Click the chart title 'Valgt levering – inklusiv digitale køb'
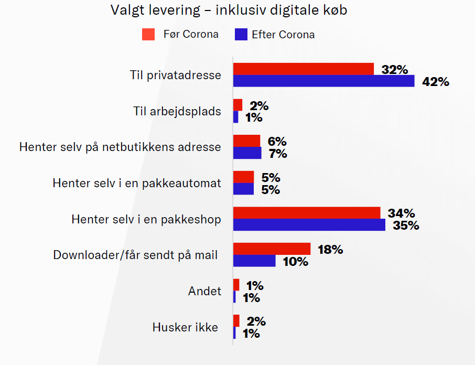click(229, 10)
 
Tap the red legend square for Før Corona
click(148, 35)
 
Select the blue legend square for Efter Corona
click(241, 35)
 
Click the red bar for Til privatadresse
click(303, 69)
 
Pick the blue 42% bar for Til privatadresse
click(323, 81)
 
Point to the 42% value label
click(436, 82)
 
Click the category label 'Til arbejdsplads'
click(177, 111)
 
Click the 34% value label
click(402, 213)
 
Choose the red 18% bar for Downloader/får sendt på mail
click(272, 249)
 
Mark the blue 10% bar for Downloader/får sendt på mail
click(254, 261)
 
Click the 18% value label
click(330, 250)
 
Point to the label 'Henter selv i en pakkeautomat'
click(137, 183)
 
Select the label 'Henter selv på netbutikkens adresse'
click(120, 147)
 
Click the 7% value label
click(278, 154)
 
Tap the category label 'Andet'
click(204, 291)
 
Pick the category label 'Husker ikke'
click(185, 327)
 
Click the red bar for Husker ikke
click(236, 320)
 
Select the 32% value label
click(395, 70)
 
